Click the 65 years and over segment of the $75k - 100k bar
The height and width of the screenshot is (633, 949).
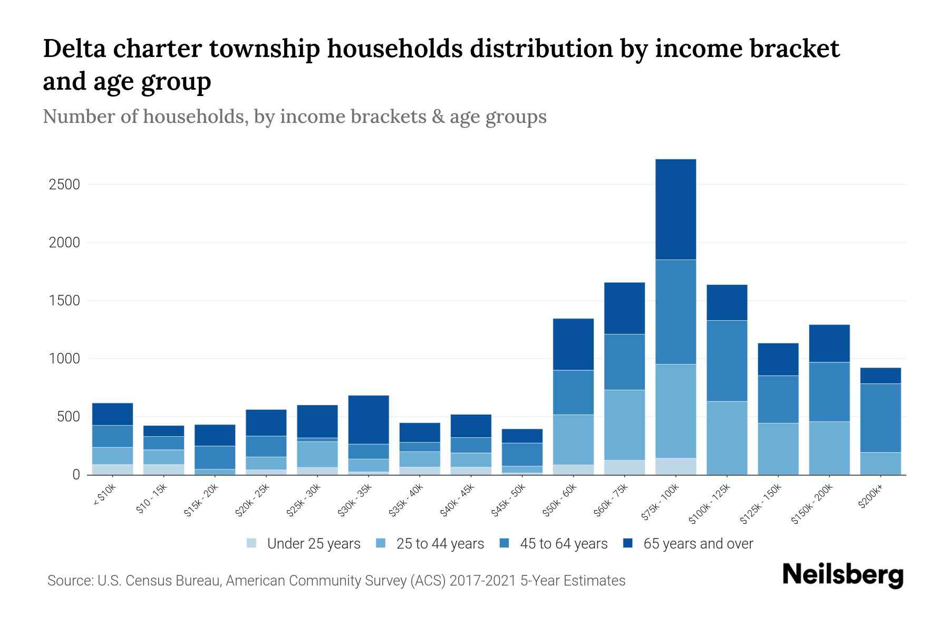(675, 209)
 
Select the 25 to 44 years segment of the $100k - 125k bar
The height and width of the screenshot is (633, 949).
(727, 438)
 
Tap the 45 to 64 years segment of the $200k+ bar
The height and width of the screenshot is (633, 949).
(880, 418)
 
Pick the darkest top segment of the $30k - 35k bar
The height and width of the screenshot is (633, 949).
(369, 419)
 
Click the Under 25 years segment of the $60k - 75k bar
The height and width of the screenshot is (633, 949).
(624, 467)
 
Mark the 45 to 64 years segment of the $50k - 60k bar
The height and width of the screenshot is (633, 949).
(573, 392)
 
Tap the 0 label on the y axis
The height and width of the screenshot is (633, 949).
(76, 475)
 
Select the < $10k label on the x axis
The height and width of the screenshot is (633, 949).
(105, 495)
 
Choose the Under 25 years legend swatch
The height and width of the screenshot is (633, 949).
(252, 543)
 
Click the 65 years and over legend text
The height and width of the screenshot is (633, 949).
(698, 544)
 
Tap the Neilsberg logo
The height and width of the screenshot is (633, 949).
(843, 574)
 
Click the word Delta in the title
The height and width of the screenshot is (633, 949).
(73, 49)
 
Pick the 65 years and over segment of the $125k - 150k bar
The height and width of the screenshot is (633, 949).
(778, 359)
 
